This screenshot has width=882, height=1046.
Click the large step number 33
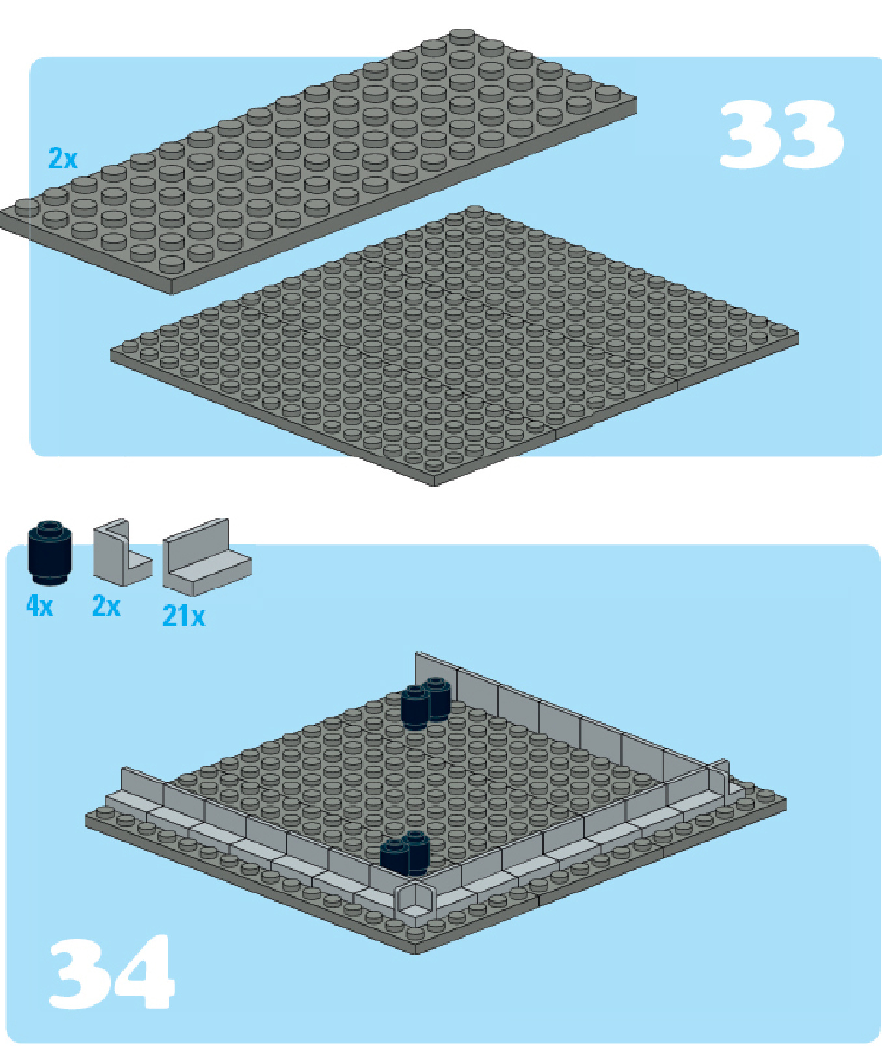pyautogui.click(x=781, y=135)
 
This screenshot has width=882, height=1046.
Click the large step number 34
pyautogui.click(x=111, y=972)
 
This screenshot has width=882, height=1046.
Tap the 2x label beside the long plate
pyautogui.click(x=63, y=158)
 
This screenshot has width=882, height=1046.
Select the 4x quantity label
pyautogui.click(x=40, y=606)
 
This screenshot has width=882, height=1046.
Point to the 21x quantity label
pyautogui.click(x=183, y=616)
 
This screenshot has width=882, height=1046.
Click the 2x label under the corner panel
pyautogui.click(x=106, y=606)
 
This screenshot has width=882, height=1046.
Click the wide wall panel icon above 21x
pyautogui.click(x=206, y=557)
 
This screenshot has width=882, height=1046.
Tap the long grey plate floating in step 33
pyautogui.click(x=317, y=163)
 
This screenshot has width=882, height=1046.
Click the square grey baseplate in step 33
pyautogui.click(x=455, y=346)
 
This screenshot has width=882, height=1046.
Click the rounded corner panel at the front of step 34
pyautogui.click(x=415, y=901)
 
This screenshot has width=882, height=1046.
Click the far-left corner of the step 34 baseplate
pyautogui.click(x=86, y=819)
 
